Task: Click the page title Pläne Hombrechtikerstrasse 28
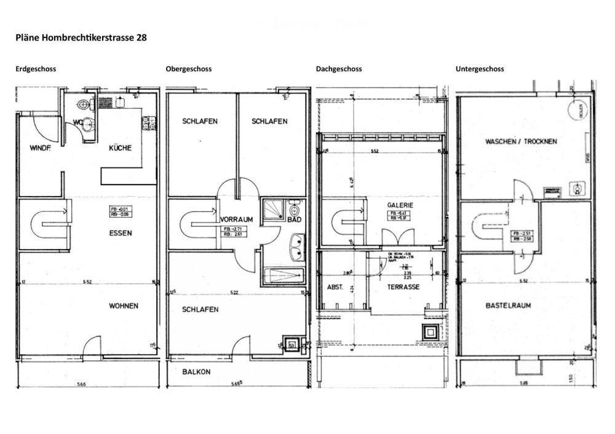(81, 37)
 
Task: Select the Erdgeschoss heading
(36, 69)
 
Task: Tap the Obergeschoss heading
(188, 69)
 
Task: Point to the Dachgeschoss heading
(338, 69)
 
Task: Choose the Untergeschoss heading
(480, 69)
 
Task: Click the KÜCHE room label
(120, 148)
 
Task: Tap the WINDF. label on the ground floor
(39, 148)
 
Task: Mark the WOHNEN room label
(124, 306)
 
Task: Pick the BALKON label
(197, 372)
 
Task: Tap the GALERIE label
(399, 205)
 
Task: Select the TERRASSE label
(403, 287)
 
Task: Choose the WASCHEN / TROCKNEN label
(521, 141)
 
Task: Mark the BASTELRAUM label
(508, 305)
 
